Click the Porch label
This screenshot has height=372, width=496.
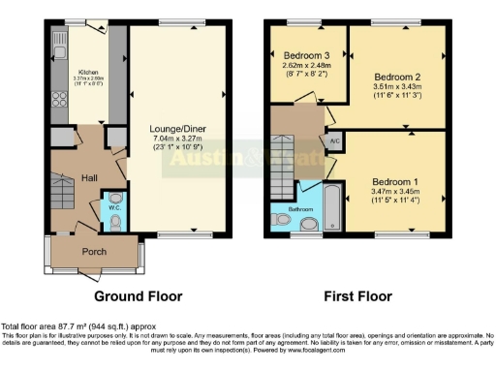click(x=95, y=250)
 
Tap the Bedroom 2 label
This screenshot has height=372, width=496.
click(x=398, y=76)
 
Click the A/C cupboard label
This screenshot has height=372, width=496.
click(x=335, y=140)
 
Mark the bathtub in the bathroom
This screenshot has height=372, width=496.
click(x=333, y=206)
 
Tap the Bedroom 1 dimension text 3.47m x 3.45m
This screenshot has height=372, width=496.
click(x=397, y=193)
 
